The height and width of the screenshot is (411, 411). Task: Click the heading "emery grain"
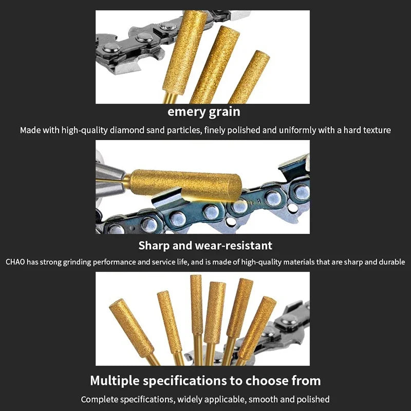(x=203, y=112)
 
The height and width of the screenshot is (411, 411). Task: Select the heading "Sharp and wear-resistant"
(x=205, y=246)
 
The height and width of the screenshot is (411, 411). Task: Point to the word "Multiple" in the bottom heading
(x=115, y=381)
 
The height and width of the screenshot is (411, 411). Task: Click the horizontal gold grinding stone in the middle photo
(x=185, y=185)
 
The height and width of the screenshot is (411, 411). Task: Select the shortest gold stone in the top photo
(x=249, y=78)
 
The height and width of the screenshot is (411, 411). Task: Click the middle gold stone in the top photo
(x=215, y=64)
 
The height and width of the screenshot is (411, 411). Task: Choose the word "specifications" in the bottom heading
(x=185, y=381)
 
